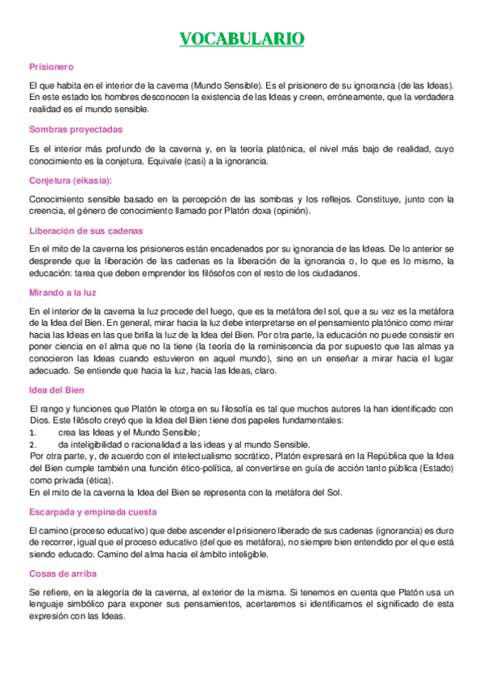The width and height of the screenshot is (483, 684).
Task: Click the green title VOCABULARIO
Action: (241, 39)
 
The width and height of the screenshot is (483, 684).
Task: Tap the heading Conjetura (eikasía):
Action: (70, 180)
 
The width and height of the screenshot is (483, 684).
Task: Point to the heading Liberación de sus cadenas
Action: (85, 231)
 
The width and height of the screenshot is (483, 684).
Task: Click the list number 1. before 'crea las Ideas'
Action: (31, 433)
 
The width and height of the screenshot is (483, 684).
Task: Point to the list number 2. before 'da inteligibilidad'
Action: (31, 444)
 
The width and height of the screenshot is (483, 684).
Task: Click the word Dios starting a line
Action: (38, 421)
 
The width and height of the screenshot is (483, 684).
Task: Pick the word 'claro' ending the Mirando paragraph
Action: (265, 371)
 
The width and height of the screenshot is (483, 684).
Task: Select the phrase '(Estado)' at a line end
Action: (435, 466)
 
